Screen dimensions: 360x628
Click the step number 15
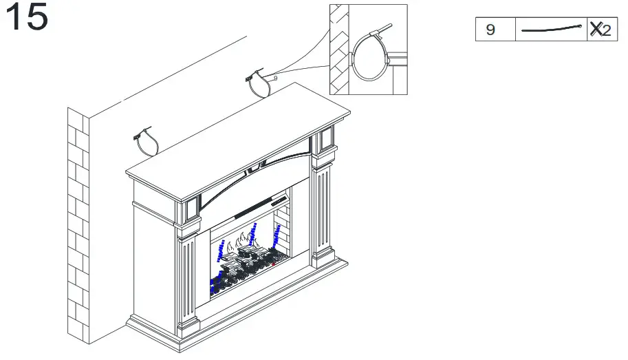[x=28, y=18]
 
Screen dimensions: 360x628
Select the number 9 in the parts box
[x=490, y=30]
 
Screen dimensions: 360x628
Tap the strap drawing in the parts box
[x=551, y=30]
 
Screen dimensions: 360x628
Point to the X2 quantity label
[x=600, y=30]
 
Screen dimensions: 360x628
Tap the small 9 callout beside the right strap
[x=275, y=78]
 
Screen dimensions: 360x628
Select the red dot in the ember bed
[x=273, y=263]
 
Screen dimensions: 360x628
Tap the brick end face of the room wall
[x=78, y=227]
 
